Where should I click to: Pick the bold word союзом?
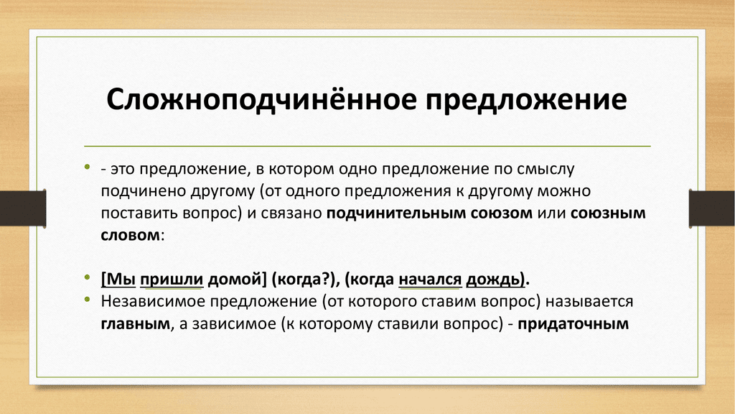point(502,213)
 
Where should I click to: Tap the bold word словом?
point(131,235)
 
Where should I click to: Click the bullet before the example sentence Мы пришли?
point(87,277)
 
